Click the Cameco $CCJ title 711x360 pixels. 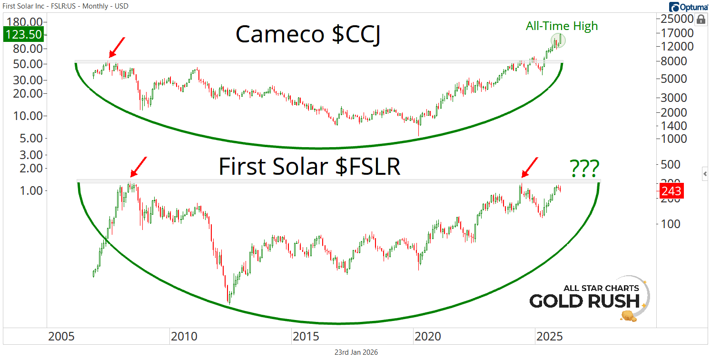[307, 35]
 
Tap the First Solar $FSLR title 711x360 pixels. [309, 167]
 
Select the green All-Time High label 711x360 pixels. [562, 26]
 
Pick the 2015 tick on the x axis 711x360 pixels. [305, 337]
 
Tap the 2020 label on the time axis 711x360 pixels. [427, 337]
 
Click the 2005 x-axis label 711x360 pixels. [61, 337]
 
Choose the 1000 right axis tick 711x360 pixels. [671, 139]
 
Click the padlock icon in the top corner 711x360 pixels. [701, 20]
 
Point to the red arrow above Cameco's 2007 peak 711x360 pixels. [116, 48]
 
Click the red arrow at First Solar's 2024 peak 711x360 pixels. [530, 168]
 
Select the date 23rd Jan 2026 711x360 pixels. [356, 352]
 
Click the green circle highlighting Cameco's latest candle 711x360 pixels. [558, 41]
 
